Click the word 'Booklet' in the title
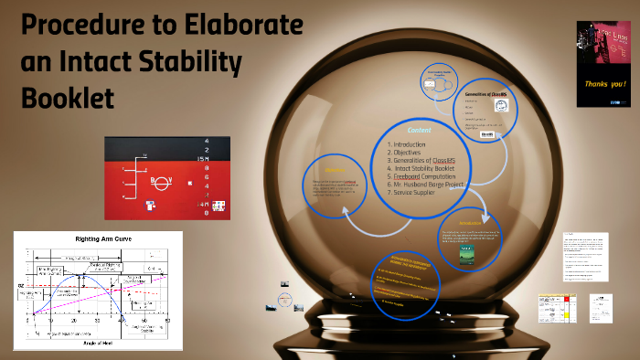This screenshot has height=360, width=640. click(x=69, y=96)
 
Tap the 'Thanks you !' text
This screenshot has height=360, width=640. click(x=605, y=80)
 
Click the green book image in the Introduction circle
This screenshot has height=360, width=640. click(x=469, y=259)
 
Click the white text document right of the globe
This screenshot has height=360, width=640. click(x=584, y=257)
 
